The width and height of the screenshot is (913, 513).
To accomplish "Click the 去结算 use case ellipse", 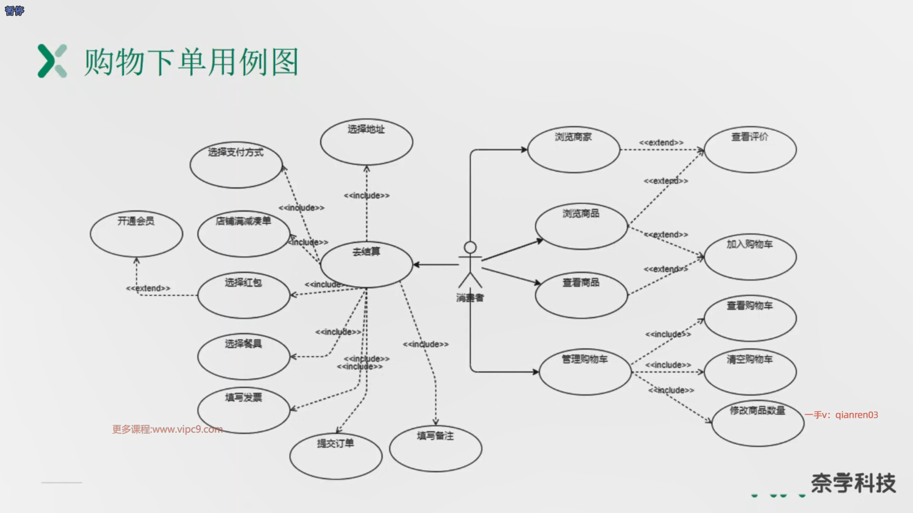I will (x=366, y=265).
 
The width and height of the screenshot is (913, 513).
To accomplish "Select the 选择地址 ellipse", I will (x=366, y=142).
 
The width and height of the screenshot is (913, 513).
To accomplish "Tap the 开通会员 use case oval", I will (x=136, y=234).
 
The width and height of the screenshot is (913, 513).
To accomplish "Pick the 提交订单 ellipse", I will (x=336, y=456).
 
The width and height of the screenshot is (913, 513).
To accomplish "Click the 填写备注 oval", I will (x=435, y=448).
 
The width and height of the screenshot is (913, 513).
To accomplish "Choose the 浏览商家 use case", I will (x=573, y=150).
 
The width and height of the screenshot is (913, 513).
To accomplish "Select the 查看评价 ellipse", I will (x=750, y=150).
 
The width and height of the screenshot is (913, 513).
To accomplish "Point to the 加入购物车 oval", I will (x=750, y=257).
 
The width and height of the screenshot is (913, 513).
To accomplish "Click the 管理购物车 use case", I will (x=585, y=372).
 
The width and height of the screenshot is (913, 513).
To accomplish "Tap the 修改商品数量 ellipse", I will (x=758, y=423).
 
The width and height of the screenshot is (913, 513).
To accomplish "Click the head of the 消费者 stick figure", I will (x=470, y=247).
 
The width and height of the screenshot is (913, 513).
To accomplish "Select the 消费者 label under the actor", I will (x=470, y=298).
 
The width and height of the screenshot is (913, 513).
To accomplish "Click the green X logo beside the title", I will (x=52, y=61).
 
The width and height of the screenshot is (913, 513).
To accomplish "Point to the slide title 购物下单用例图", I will (x=191, y=62).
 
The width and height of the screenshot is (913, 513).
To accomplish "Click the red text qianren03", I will (x=856, y=415).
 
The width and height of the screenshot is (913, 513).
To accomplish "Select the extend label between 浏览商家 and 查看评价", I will (x=661, y=142).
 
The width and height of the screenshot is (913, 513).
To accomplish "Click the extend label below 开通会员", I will (x=148, y=288).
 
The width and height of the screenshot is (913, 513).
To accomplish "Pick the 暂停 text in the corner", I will (x=14, y=10).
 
